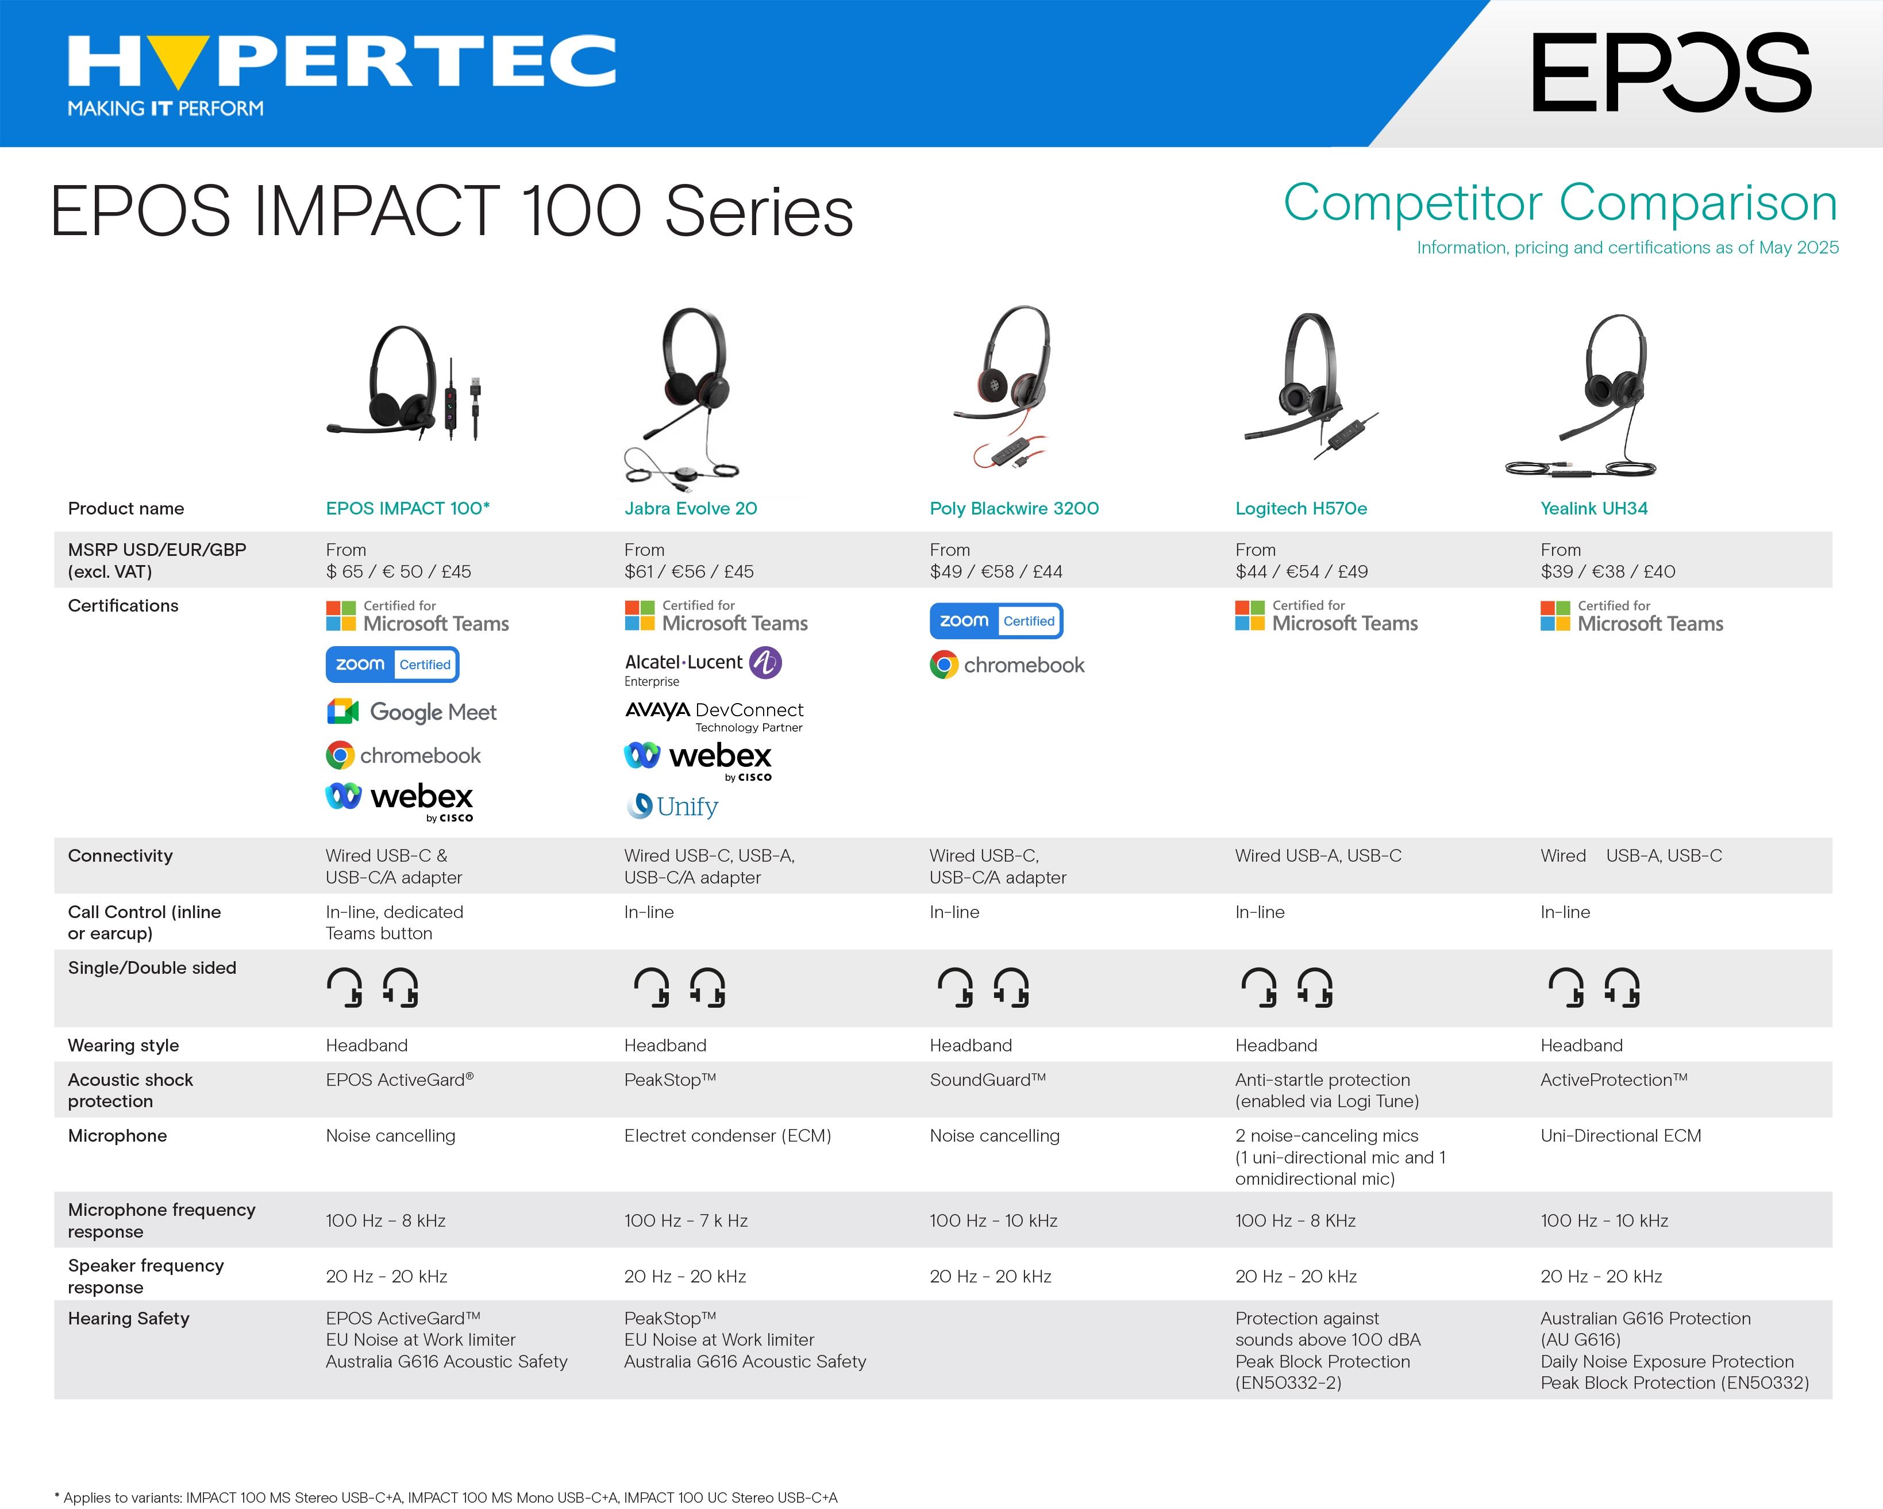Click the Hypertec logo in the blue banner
tap(341, 75)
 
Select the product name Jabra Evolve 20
tap(690, 509)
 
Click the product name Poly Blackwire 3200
tap(1014, 509)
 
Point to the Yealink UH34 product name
tap(1594, 509)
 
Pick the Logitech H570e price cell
tap(1301, 560)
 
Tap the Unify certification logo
tap(672, 805)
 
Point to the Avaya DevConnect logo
tap(714, 716)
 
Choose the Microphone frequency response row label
tap(161, 1220)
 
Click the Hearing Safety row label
tap(128, 1319)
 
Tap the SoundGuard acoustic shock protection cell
tap(988, 1080)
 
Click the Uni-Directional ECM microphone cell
tap(1621, 1136)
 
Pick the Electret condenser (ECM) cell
tap(727, 1136)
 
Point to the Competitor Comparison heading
tap(1561, 203)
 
